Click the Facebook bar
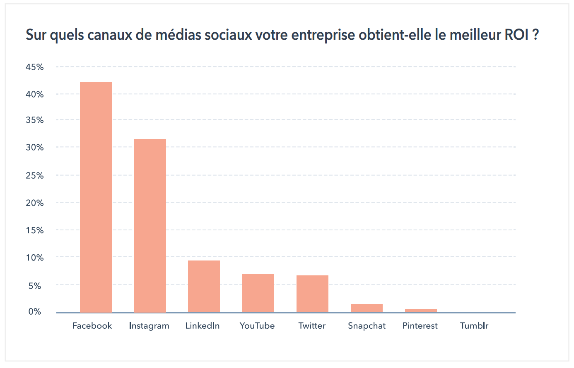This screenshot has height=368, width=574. [96, 197]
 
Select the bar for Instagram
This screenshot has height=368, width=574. [150, 225]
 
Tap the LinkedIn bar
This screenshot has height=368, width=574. [204, 286]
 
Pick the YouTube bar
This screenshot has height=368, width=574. [258, 293]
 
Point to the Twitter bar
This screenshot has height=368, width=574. [312, 294]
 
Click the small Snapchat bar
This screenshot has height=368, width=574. [367, 308]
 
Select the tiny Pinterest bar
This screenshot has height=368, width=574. [421, 311]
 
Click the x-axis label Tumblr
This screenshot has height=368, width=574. [474, 326]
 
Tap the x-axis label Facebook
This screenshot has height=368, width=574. [92, 326]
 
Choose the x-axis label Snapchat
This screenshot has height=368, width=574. [367, 326]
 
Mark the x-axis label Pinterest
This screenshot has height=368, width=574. [420, 326]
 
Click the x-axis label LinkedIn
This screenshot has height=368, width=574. [203, 326]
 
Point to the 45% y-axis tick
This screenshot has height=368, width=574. [35, 67]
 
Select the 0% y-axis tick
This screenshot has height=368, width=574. [35, 312]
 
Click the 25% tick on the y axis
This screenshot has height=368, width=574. [35, 176]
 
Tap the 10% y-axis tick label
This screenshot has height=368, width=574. [35, 258]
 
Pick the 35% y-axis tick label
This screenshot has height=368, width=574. [35, 120]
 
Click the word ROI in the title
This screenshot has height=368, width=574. [516, 35]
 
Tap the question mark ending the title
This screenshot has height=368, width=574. [535, 35]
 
